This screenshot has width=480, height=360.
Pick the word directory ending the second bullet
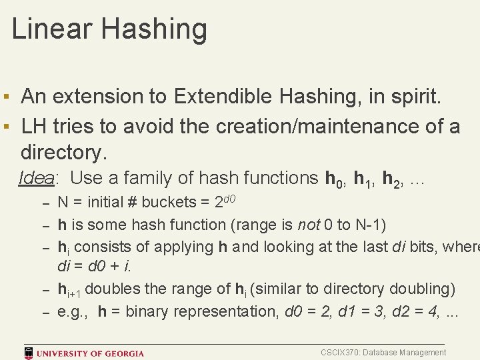point(63,153)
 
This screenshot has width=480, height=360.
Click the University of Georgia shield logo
point(29,352)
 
